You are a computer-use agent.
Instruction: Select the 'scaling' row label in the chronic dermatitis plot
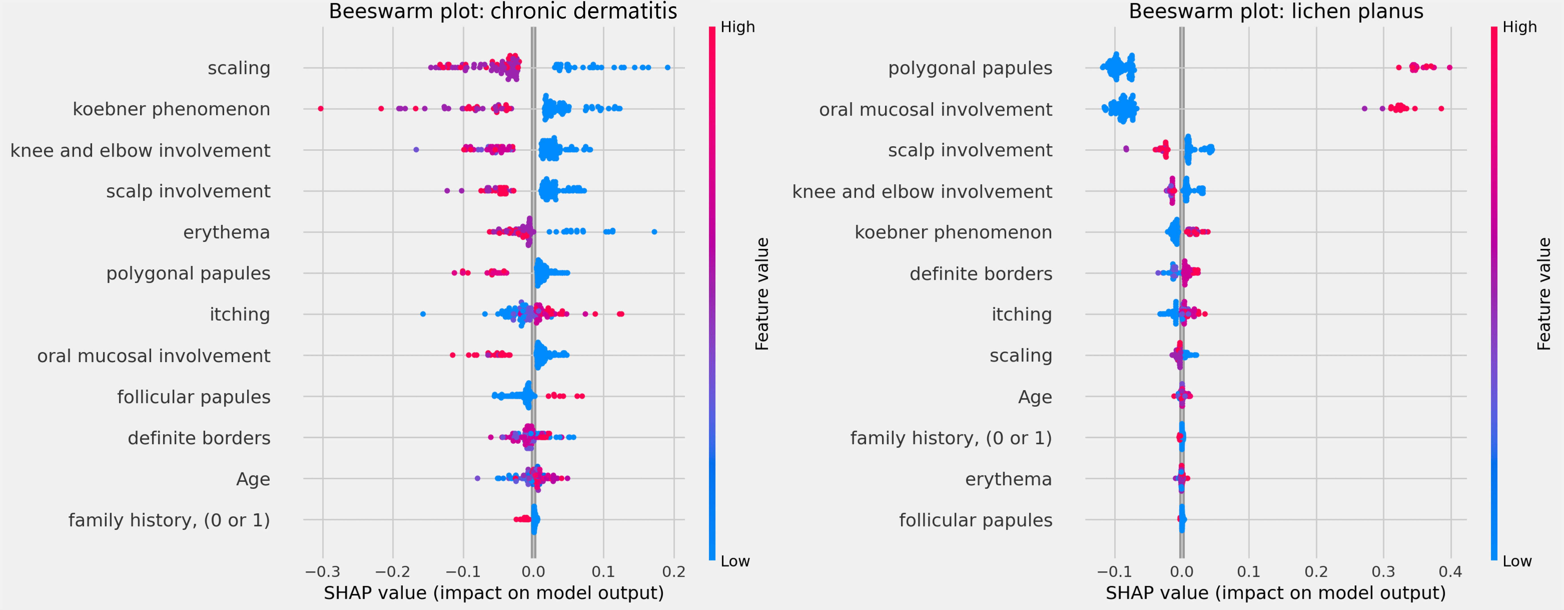[x=239, y=68]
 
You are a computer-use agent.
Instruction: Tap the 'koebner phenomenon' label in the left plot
[x=171, y=109]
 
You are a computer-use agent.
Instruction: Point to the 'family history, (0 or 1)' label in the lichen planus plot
[x=951, y=438]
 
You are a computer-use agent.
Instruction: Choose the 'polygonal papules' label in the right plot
[x=970, y=68]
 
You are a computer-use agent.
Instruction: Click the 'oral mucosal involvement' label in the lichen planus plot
[x=935, y=109]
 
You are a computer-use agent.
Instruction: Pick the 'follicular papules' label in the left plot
[x=194, y=397]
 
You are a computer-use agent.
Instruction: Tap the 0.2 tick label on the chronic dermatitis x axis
[x=673, y=572]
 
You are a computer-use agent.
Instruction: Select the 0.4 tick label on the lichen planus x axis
[x=1450, y=572]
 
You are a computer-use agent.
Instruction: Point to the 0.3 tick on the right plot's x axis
[x=1383, y=572]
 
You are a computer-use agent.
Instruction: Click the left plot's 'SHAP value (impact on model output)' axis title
[x=494, y=593]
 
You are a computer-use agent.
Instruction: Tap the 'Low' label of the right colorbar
[x=1517, y=561]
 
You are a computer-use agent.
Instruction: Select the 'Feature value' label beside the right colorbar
[x=1544, y=294]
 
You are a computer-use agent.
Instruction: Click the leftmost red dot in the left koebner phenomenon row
[x=321, y=109]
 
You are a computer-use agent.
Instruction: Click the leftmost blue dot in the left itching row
[x=422, y=314]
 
